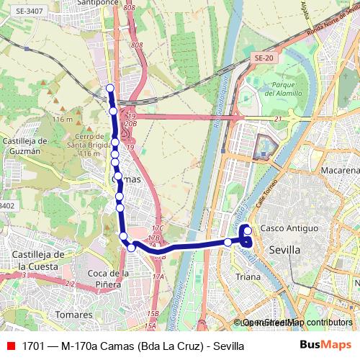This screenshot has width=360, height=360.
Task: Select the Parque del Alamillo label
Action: coord(270,89)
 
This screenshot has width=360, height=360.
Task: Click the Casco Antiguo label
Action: coord(289,228)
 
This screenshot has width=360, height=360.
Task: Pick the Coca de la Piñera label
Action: coord(108,278)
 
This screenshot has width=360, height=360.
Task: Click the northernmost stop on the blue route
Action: coord(110,89)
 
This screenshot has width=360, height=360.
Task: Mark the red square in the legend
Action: coord(10,346)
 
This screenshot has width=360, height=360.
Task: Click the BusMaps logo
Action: coord(325,346)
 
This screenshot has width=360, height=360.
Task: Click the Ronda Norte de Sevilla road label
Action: coord(327,21)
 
